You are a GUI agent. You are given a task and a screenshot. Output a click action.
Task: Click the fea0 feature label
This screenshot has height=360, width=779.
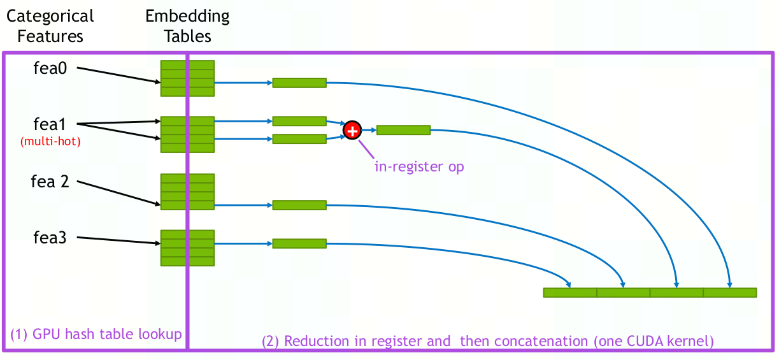click(x=50, y=68)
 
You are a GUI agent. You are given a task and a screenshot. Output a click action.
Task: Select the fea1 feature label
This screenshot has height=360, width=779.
click(x=50, y=124)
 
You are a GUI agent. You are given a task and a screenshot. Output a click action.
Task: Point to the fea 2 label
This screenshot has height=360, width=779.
click(x=50, y=182)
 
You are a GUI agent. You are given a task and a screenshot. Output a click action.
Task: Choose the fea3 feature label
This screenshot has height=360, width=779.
click(x=50, y=238)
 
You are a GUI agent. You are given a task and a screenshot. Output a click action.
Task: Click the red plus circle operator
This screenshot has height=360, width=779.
click(x=352, y=130)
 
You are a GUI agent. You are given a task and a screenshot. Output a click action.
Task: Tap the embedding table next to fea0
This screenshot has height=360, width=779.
click(x=187, y=78)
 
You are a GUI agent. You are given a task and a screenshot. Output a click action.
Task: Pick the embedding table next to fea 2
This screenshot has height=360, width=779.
click(x=187, y=191)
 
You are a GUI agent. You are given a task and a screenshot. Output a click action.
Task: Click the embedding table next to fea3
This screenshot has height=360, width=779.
click(x=187, y=247)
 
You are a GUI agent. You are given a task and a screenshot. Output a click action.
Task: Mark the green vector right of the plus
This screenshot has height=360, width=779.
click(x=403, y=130)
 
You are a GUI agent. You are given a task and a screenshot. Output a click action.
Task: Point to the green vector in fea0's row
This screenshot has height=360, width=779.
click(x=299, y=82)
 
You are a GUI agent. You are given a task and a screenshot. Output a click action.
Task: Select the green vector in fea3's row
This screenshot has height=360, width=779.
click(x=299, y=243)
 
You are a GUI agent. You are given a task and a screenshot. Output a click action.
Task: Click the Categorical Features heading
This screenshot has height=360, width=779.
click(x=50, y=25)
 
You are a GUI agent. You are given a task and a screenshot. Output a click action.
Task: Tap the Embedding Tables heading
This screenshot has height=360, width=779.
click(x=187, y=25)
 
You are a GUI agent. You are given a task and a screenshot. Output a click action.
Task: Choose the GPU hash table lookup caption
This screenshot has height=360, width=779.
click(x=96, y=334)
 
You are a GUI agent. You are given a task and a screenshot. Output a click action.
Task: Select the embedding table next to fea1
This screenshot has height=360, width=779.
click(x=187, y=134)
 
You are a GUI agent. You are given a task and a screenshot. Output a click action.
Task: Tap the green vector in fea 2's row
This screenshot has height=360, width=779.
click(x=299, y=205)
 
